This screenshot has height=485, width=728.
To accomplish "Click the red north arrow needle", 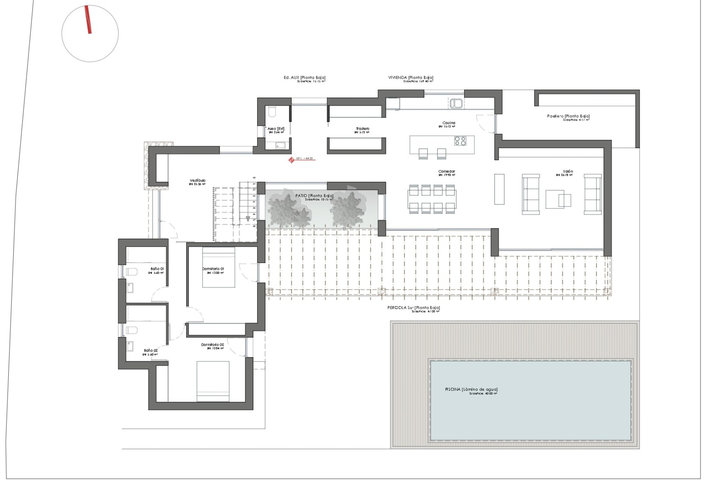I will coord(88,20).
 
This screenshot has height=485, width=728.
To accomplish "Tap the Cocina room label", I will coord(449,123).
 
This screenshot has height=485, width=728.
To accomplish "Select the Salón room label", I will coord(568,172).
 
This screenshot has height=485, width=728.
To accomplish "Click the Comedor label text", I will coord(446,172).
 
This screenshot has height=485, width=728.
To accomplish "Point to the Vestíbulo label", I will coord(198,181).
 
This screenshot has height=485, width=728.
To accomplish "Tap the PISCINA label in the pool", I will coord(471,390).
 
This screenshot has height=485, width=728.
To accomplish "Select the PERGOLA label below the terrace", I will coord(413,308).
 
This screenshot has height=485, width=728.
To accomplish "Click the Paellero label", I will coord(568,116).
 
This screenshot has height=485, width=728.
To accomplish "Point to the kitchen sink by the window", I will coord(456,103).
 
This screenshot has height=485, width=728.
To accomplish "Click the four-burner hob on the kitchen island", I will coord(460,141).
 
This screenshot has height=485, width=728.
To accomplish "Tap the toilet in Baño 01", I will coord(131,272).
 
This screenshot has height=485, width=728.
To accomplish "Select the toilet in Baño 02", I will coord(131,330).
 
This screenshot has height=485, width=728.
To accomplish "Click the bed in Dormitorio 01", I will coord(218,267).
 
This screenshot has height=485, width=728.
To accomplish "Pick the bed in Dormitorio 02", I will coord(213,381).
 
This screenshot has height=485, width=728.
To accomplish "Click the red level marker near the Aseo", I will coord(291,160).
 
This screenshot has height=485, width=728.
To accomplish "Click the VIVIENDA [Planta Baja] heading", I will coord(411,78).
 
